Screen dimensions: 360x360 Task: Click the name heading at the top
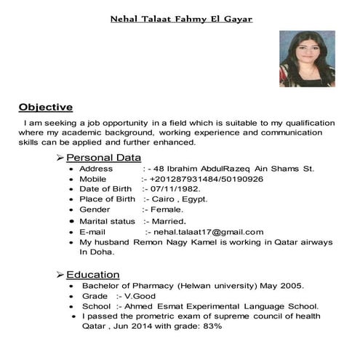pyautogui.click(x=180, y=19)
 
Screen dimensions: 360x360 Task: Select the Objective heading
pyautogui.click(x=46, y=107)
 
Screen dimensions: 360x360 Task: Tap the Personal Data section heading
pyautogui.click(x=103, y=158)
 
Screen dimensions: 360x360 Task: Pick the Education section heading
pyautogui.click(x=92, y=275)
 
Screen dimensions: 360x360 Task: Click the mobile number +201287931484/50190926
pyautogui.click(x=207, y=178)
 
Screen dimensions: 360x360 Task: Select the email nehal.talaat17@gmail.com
pyautogui.click(x=204, y=231)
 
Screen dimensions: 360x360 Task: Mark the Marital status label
pyautogui.click(x=107, y=221)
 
